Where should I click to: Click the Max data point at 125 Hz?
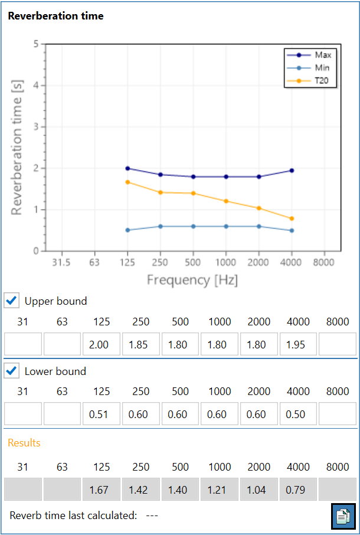[128, 168]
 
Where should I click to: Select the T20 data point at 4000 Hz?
[292, 218]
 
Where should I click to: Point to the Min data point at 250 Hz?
[161, 226]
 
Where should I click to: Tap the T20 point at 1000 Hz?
[226, 201]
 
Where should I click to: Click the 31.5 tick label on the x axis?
[62, 262]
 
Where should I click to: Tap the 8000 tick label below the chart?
[324, 262]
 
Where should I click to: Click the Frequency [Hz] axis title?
[192, 280]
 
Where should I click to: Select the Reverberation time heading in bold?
[55, 16]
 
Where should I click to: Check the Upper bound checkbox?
[11, 301]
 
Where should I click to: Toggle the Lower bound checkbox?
[11, 371]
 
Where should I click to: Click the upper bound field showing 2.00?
[102, 344]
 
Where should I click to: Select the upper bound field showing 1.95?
[298, 344]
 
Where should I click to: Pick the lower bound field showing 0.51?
[102, 414]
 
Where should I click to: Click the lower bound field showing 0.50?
[298, 414]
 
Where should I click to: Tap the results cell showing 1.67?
[102, 490]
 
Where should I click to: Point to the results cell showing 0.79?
[298, 490]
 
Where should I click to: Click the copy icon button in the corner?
[343, 516]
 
